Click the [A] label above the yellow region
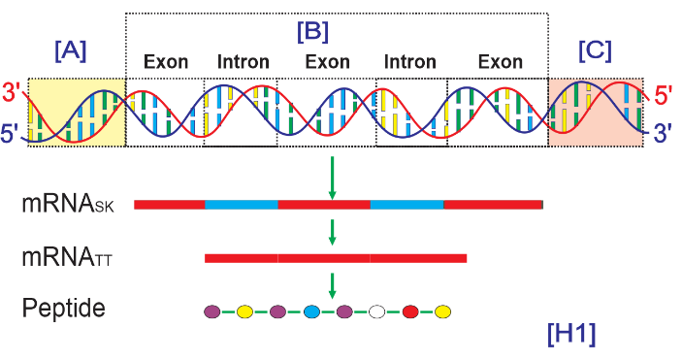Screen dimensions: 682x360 [x=71, y=50]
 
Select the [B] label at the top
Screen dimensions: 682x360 [x=312, y=31]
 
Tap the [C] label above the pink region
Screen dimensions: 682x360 [x=595, y=50]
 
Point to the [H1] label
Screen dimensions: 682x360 [x=571, y=335]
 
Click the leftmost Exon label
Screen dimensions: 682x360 [x=166, y=62]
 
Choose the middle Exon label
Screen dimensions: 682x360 [x=328, y=62]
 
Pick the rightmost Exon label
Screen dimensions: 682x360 [x=501, y=62]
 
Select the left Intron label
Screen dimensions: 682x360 [x=244, y=62]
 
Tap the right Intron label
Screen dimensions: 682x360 [x=410, y=62]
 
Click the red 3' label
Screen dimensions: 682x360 [x=12, y=92]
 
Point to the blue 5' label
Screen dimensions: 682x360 [x=11, y=133]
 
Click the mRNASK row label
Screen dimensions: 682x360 [x=68, y=204]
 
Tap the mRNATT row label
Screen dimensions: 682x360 [x=67, y=257]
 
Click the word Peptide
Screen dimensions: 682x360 [x=63, y=309]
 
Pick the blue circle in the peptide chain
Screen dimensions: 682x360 [x=311, y=311]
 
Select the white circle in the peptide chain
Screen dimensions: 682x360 [x=376, y=311]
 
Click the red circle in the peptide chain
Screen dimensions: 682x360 [x=410, y=311]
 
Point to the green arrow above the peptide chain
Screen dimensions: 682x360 [x=333, y=285]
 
